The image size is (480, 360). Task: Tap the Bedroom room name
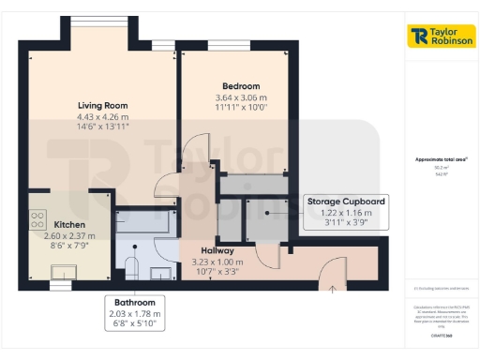point(236,84)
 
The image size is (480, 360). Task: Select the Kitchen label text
point(70,225)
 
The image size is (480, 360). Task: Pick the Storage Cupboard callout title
point(346,202)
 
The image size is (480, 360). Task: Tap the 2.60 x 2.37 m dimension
point(70,236)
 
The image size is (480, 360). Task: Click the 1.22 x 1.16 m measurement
point(346,213)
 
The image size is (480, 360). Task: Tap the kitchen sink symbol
point(64,271)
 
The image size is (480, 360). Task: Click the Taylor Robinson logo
point(442,37)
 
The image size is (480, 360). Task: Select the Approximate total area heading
point(441,160)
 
